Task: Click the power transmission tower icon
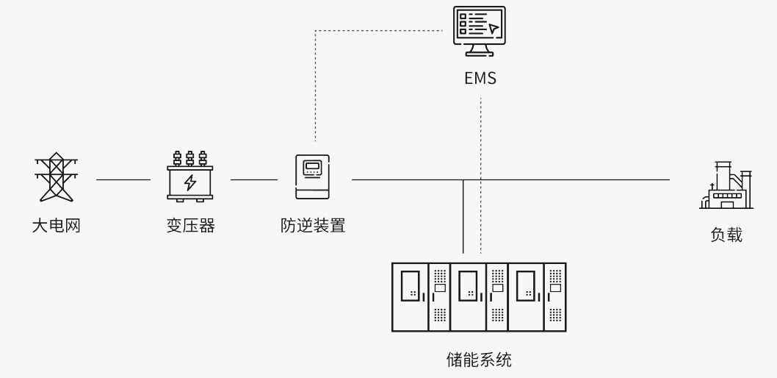pos(55,177)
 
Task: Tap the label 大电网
pos(55,225)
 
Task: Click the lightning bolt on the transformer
pos(190,182)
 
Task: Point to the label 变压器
pos(190,225)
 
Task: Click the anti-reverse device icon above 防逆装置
pos(313,177)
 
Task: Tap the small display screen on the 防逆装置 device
pos(313,168)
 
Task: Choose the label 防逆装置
pos(313,225)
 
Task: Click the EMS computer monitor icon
pos(479,31)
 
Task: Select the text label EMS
pos(480,78)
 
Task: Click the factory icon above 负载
pos(726,186)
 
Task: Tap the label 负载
pos(726,235)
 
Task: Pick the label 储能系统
pos(479,360)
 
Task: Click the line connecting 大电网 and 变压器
pos(123,179)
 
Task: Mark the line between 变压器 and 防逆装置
pos(254,179)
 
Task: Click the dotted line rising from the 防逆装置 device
pos(315,88)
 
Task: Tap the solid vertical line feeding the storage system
pos(463,217)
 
